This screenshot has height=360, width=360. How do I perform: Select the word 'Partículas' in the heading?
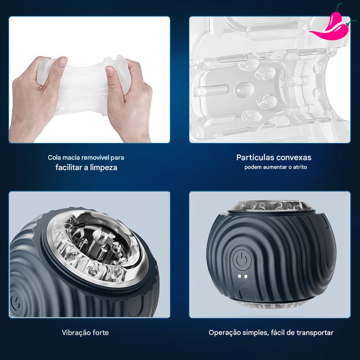point(255,158)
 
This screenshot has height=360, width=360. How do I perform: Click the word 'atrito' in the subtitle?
point(300,167)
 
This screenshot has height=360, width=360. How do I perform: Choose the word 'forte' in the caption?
point(100,333)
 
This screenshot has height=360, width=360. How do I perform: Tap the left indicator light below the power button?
point(239,276)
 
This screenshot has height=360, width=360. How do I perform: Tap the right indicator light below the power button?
point(246,276)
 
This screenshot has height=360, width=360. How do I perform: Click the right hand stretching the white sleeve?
point(129,99)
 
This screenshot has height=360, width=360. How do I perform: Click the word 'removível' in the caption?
point(95,158)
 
